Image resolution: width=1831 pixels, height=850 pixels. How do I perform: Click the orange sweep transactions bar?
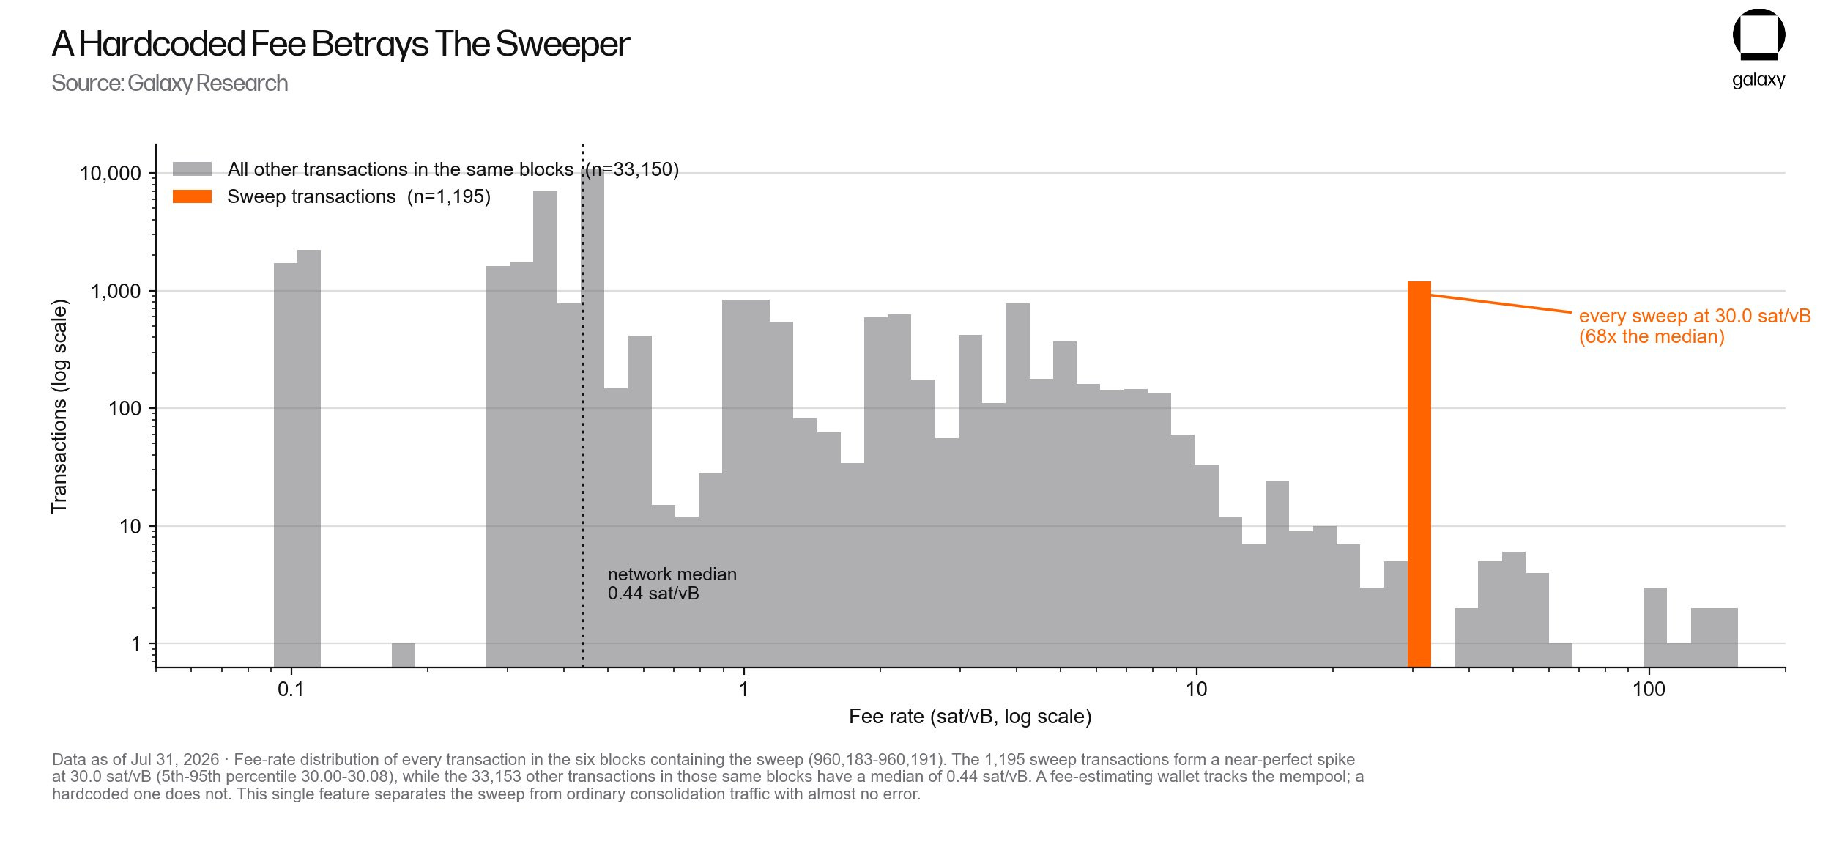point(1419,474)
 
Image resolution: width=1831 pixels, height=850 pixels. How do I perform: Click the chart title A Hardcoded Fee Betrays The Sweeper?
point(341,44)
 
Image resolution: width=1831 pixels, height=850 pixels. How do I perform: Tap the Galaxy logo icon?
point(1758,34)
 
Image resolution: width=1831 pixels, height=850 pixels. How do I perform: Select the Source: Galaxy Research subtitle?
point(170,84)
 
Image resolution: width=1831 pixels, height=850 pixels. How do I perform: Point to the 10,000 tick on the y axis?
point(111,174)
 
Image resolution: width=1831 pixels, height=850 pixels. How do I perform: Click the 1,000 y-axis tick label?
point(116,292)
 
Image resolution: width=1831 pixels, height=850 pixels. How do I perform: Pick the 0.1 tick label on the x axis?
point(291,690)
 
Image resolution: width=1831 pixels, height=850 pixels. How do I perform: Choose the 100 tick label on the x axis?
point(1649,690)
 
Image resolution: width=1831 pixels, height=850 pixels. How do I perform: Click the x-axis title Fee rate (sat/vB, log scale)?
point(970,717)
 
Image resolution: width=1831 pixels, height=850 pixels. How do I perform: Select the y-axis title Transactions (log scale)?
point(59,407)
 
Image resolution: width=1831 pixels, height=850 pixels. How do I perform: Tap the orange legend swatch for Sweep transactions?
point(192,196)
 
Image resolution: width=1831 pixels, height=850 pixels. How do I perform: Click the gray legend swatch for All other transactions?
point(192,169)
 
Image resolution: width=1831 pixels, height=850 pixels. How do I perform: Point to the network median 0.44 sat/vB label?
point(672,583)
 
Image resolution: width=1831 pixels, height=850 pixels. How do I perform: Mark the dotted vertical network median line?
point(583,405)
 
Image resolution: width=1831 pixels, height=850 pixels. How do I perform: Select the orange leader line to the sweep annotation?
point(1501,304)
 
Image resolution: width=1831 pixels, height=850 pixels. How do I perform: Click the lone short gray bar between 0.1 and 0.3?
point(404,655)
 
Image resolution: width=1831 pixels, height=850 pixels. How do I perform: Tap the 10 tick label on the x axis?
point(1196,690)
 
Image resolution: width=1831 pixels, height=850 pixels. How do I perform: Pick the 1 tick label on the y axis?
point(136,644)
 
